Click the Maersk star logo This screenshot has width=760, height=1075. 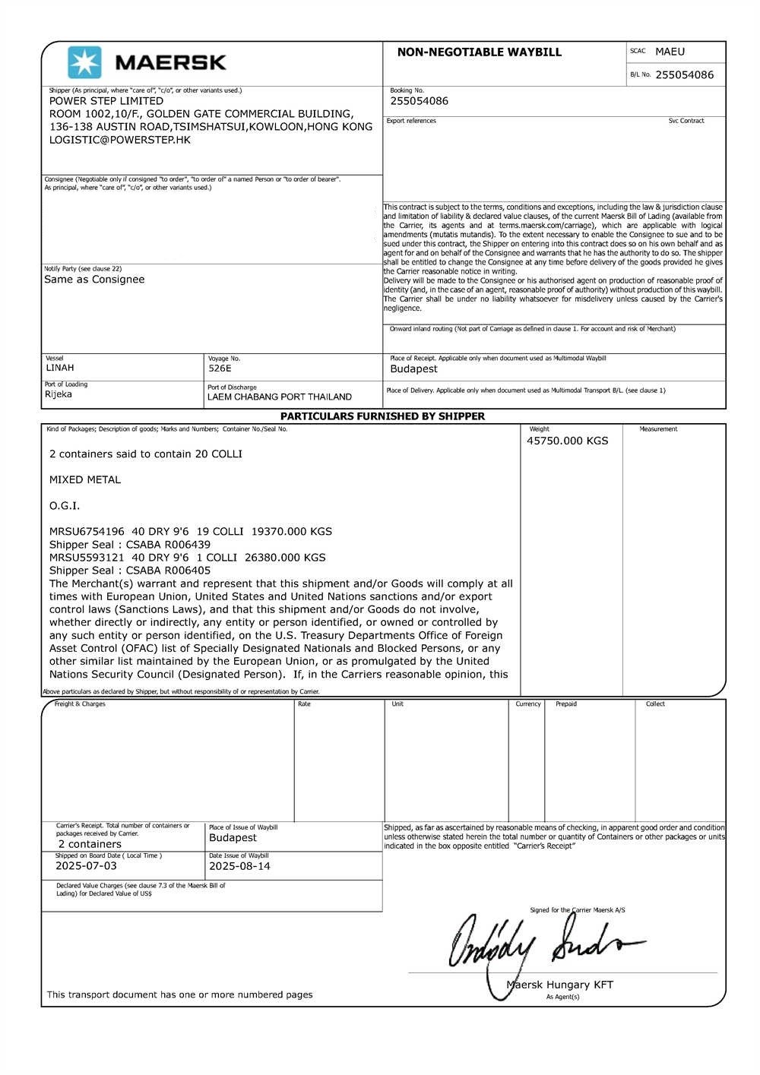pyautogui.click(x=84, y=62)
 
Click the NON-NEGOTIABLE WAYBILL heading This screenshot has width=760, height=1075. pyautogui.click(x=479, y=52)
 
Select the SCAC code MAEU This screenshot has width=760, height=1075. pyautogui.click(x=670, y=52)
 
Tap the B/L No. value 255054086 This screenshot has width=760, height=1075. pyautogui.click(x=684, y=74)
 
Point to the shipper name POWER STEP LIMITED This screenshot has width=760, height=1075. pyautogui.click(x=106, y=101)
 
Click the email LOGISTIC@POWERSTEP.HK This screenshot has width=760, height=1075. pyautogui.click(x=120, y=140)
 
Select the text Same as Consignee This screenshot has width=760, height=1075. pyautogui.click(x=94, y=280)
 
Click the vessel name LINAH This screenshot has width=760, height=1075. pyautogui.click(x=60, y=368)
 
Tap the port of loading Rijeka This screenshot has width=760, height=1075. pyautogui.click(x=59, y=394)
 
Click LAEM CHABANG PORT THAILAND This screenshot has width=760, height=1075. pyautogui.click(x=280, y=397)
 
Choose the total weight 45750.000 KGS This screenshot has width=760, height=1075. pyautogui.click(x=567, y=441)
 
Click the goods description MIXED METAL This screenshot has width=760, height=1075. pyautogui.click(x=85, y=480)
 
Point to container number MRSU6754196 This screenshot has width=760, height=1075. pyautogui.click(x=87, y=532)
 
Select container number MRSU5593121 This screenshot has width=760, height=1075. pyautogui.click(x=87, y=558)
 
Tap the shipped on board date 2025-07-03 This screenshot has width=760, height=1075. pyautogui.click(x=87, y=866)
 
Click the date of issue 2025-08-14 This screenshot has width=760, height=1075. pyautogui.click(x=239, y=866)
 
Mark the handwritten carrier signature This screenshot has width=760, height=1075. pyautogui.click(x=540, y=942)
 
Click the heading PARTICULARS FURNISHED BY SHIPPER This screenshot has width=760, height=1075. pyautogui.click(x=382, y=416)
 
